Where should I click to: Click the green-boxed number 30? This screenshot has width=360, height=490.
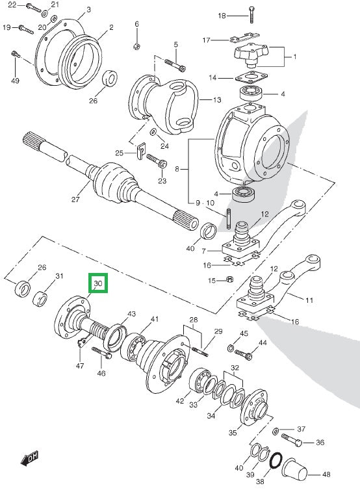pos(98,284)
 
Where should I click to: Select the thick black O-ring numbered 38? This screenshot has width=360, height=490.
pos(276,461)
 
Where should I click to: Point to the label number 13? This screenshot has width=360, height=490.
pos(217,100)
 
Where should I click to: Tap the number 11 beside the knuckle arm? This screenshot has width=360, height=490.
pos(309,300)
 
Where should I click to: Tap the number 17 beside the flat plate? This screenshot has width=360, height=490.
pos(207,40)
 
